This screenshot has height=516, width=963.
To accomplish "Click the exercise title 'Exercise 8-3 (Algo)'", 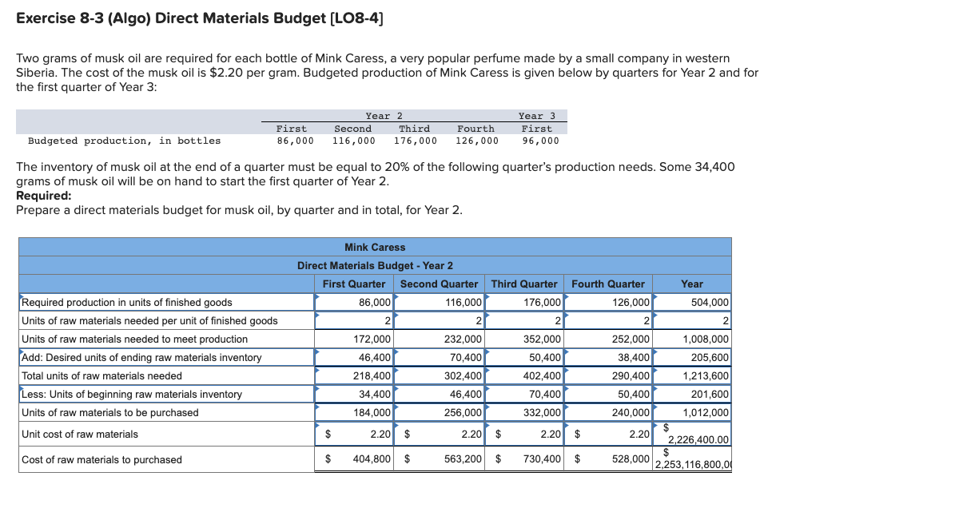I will coord(83,18).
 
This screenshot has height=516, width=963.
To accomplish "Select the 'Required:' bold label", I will coord(43,195).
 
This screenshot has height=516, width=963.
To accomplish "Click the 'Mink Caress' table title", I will coord(375,247).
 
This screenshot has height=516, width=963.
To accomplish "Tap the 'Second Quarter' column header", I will coord(439,284).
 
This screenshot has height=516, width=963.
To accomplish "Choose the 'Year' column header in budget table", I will coord(692,284).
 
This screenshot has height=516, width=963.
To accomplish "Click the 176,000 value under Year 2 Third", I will coord(416,141).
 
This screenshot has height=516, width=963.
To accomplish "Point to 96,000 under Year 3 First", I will coord(540,141).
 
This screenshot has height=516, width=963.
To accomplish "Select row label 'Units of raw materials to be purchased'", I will coord(110,412).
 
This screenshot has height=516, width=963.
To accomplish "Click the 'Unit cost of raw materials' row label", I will coord(80,434).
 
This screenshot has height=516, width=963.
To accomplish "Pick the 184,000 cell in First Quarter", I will coord(372,412).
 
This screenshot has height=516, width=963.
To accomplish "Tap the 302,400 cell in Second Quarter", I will coord(463,375).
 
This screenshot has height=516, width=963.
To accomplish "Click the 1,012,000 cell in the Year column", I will coord(706,412).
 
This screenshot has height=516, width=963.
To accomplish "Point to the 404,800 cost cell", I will coord(372,459).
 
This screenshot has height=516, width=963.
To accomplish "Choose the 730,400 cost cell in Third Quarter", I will coord(541,459).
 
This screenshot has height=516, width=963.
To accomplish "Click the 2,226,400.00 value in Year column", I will coord(698,439).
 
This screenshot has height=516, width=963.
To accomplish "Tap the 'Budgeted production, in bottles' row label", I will coord(125,141).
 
